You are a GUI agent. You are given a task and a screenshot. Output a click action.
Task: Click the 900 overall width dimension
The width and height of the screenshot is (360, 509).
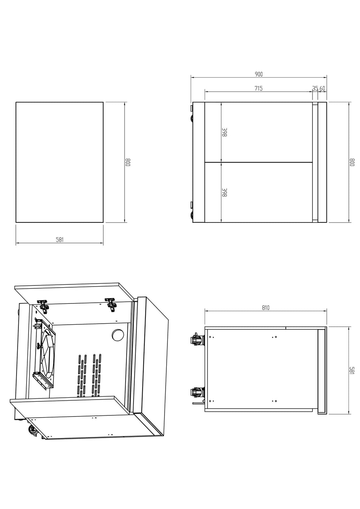259,74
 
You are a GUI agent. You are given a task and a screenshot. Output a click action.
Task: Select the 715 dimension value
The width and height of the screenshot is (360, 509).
258,88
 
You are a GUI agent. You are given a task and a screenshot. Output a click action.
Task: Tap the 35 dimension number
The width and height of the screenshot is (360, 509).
315,88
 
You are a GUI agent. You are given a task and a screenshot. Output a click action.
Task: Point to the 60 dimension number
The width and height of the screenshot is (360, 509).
322,88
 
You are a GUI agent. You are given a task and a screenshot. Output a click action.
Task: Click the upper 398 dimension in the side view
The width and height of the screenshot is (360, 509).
224,132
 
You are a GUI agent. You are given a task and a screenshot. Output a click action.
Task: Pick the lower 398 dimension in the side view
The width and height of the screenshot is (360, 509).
224,193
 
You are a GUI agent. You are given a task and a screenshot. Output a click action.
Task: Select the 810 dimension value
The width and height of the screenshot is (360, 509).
266,308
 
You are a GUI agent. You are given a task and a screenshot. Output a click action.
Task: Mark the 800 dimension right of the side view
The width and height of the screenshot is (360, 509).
352,162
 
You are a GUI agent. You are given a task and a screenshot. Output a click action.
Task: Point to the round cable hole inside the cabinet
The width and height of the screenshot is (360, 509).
117,335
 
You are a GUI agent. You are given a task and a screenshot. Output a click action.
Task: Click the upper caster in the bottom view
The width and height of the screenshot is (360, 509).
197,339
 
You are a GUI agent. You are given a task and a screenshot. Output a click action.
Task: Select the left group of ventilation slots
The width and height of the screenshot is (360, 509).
81,374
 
